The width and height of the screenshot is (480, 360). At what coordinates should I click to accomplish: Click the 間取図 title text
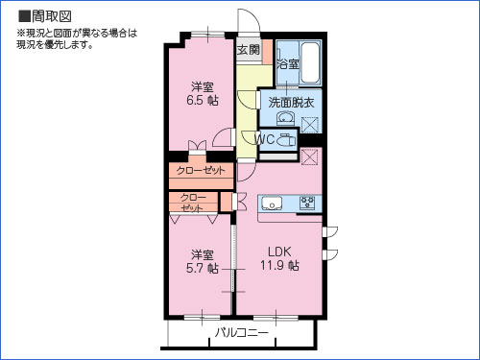47,15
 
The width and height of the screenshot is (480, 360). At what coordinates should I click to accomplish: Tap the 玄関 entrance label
248,49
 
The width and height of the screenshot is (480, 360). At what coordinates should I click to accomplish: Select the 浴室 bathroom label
288,64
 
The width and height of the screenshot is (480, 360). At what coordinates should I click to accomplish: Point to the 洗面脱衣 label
290,102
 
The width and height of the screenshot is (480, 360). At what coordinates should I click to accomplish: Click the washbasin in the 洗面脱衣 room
284,119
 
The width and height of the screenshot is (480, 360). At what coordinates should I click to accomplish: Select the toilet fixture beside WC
286,140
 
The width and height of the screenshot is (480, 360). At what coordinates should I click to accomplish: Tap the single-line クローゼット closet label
202,170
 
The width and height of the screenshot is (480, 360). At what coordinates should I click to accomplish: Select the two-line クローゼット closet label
193,202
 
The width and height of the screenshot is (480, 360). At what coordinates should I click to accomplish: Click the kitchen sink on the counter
271,203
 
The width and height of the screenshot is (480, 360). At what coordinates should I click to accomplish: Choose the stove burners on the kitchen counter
309,203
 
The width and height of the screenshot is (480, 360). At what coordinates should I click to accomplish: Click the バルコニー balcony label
241,333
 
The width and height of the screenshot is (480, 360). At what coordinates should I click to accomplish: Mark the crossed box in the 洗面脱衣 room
310,123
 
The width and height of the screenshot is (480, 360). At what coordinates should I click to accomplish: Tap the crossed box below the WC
309,156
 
